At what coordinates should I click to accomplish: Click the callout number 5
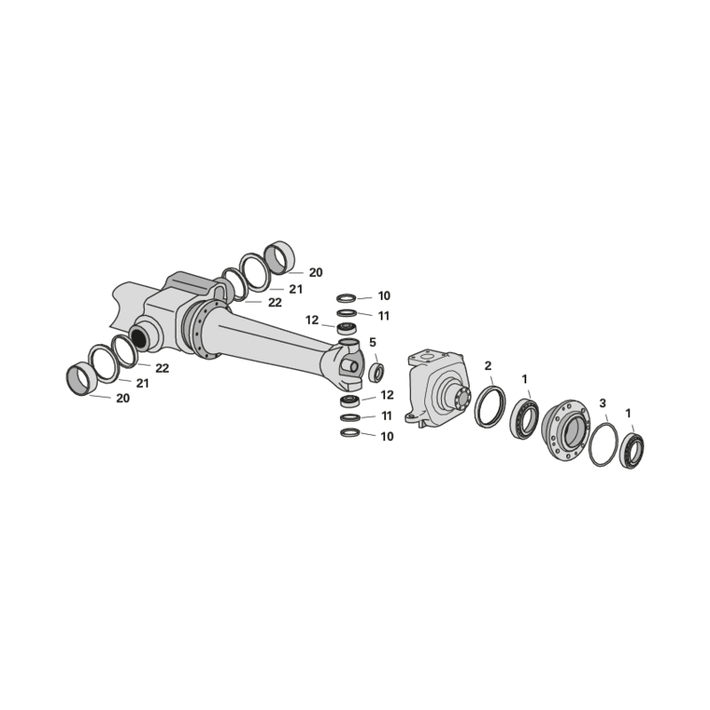[x=373, y=343]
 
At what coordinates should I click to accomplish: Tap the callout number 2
[x=487, y=366]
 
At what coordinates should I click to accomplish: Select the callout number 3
[x=603, y=403]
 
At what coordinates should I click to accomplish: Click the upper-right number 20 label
[x=316, y=272]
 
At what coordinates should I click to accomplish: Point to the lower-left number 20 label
[x=122, y=398]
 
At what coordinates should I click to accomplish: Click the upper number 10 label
[x=384, y=296]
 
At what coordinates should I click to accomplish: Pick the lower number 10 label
[x=387, y=437]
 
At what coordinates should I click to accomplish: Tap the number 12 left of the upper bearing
[x=312, y=320]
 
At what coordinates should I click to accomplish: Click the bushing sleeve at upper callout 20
[x=280, y=258]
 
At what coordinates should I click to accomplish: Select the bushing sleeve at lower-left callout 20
[x=82, y=379]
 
